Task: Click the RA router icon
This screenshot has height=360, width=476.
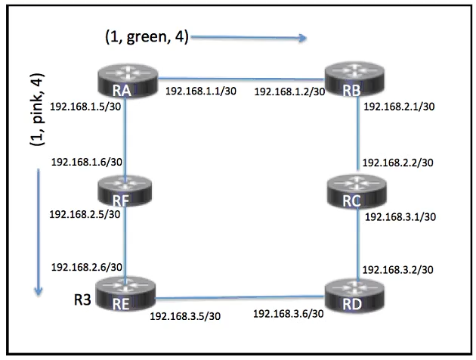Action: tap(126, 81)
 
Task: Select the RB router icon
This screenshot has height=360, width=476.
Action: tap(355, 81)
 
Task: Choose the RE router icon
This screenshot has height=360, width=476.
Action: tap(125, 296)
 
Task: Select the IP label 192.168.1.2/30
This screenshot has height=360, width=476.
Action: tap(289, 92)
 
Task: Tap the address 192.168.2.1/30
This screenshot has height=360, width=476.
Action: tap(399, 107)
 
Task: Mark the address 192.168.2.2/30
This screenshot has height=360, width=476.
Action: tap(399, 163)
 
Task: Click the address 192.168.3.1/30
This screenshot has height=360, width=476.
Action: tap(400, 216)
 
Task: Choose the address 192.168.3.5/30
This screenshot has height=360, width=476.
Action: tap(186, 315)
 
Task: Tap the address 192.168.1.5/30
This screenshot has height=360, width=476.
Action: tap(85, 107)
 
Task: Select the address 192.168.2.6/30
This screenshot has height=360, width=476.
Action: tap(85, 267)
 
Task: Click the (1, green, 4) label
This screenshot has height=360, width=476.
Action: tap(147, 36)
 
